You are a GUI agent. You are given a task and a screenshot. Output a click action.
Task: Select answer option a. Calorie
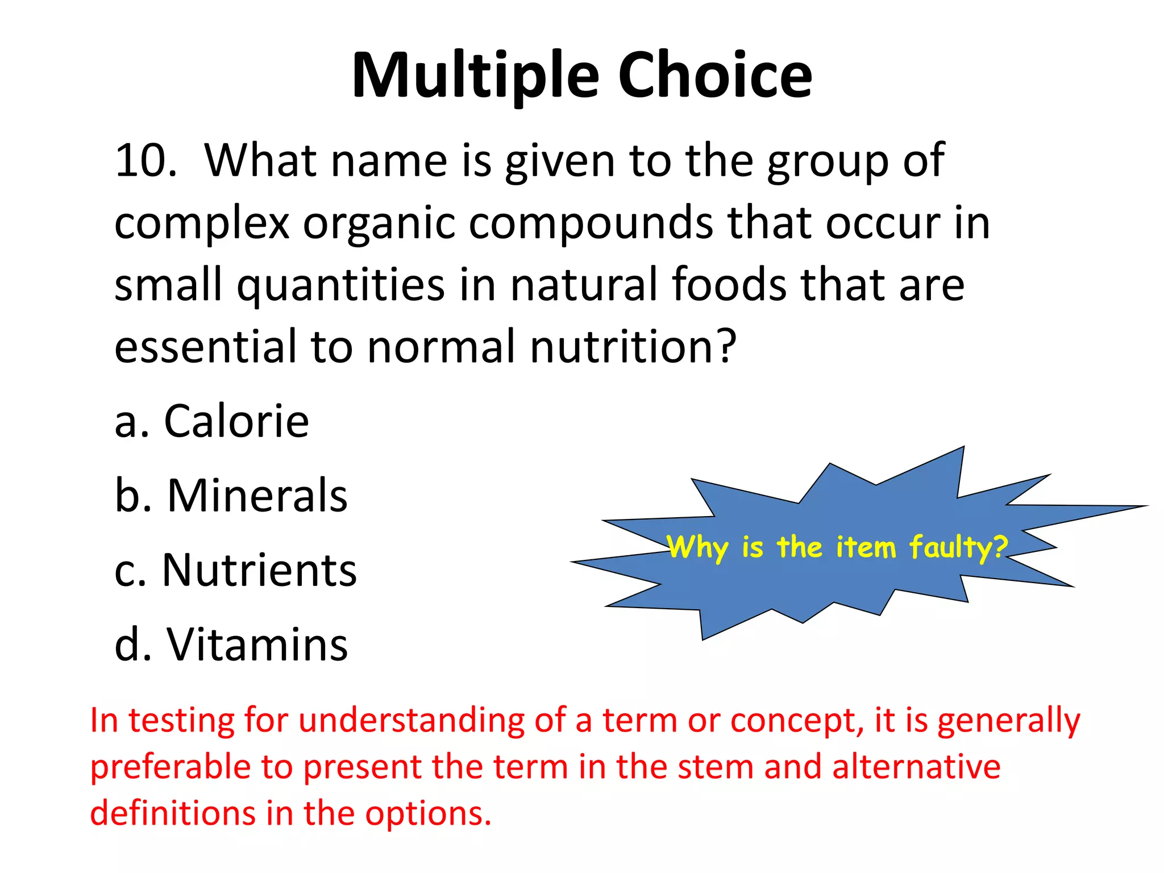point(211,421)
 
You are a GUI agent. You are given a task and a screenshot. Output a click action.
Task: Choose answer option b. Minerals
point(231,496)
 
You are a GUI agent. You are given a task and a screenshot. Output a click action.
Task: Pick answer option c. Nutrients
point(235,570)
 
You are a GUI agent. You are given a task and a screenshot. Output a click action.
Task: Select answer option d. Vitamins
point(231,645)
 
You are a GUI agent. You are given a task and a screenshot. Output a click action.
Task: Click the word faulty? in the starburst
point(958,547)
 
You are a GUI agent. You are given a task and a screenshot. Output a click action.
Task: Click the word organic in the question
point(379,223)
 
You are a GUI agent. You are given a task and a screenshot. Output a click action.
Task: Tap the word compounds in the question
point(591,223)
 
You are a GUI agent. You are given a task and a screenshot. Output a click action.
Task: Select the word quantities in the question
point(340,285)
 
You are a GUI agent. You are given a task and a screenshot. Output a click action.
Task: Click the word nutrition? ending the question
point(633,347)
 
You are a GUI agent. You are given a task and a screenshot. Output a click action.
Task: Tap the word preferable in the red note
point(170,767)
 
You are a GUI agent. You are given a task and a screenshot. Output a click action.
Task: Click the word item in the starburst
point(865,547)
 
